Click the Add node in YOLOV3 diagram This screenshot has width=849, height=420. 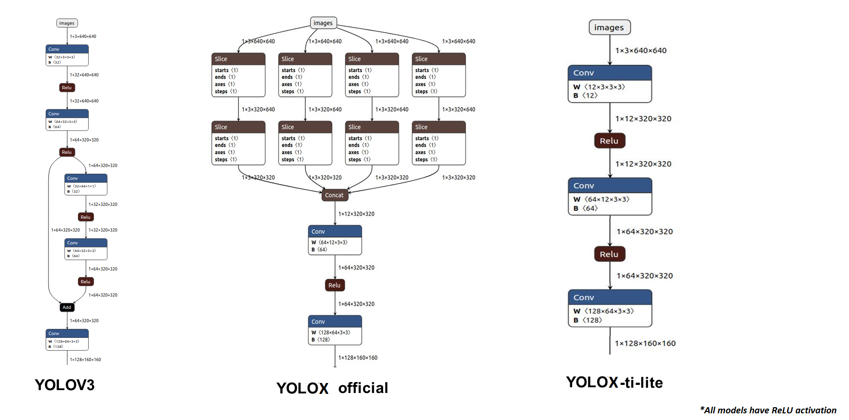[67, 308]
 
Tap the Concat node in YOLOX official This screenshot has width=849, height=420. [335, 195]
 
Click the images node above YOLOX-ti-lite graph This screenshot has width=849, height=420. [610, 28]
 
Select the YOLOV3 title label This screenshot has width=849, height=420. [65, 385]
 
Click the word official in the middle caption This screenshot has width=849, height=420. [363, 388]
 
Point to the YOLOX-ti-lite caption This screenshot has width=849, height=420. [614, 383]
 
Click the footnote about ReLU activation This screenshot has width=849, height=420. [768, 411]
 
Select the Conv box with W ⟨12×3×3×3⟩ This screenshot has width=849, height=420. [610, 84]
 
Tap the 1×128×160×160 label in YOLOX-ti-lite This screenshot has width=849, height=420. [645, 344]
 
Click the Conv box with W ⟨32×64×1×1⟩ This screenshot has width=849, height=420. [86, 185]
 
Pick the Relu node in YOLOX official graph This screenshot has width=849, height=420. [335, 285]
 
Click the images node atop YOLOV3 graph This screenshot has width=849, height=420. [67, 23]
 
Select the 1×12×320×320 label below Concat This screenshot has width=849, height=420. [356, 214]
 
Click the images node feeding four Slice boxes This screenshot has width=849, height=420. [323, 23]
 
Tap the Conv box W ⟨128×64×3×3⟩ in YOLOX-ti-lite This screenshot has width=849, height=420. [610, 308]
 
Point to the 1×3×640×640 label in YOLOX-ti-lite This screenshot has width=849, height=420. [641, 51]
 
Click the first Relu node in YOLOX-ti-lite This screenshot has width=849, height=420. [610, 141]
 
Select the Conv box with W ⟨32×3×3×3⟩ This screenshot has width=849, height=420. [67, 56]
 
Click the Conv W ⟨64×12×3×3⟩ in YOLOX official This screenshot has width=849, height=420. [335, 240]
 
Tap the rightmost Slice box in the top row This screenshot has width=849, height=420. [439, 75]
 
